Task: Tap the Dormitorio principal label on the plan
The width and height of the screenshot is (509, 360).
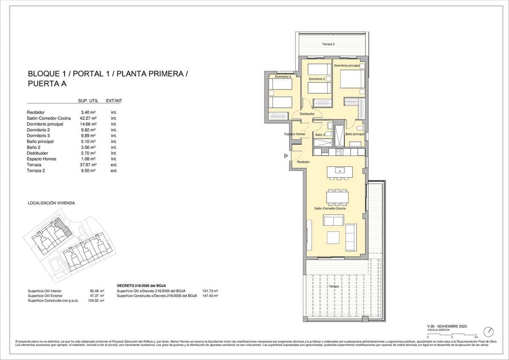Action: pyautogui.click(x=347, y=66)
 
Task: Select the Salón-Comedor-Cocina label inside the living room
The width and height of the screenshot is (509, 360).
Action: pyautogui.click(x=330, y=208)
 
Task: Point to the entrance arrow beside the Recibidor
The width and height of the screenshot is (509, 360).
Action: pyautogui.click(x=286, y=156)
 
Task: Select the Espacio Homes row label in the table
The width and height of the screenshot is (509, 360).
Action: pyautogui.click(x=41, y=159)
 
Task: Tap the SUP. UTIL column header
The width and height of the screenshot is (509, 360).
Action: pyautogui.click(x=88, y=101)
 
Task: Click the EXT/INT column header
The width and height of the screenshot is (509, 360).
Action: pyautogui.click(x=114, y=101)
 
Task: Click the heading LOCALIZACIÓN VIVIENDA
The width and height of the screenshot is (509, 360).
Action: pyautogui.click(x=51, y=203)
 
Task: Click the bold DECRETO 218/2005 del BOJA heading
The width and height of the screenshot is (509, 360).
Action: pyautogui.click(x=141, y=286)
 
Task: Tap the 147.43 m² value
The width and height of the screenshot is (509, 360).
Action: pyautogui.click(x=210, y=295)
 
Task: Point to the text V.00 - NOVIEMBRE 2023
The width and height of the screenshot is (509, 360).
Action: pyautogui.click(x=447, y=326)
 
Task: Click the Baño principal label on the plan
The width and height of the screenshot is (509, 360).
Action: pyautogui.click(x=355, y=134)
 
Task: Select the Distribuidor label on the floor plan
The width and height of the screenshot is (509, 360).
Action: pyautogui.click(x=307, y=114)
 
